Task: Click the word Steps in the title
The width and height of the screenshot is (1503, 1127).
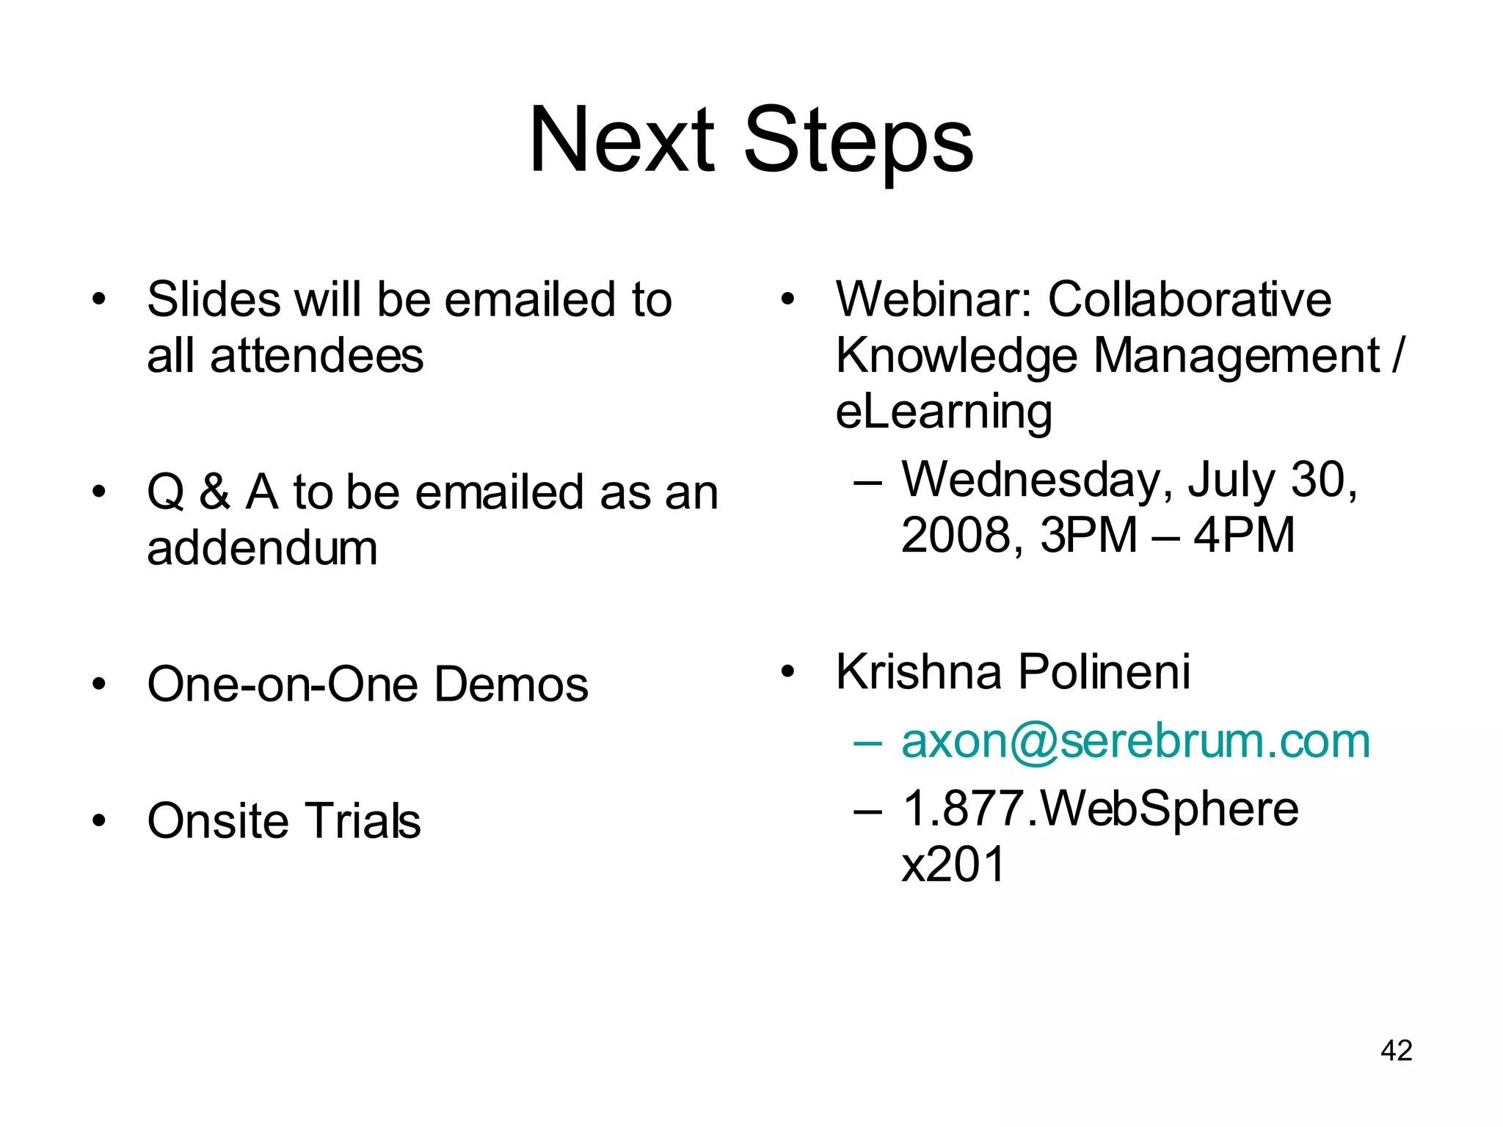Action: (859, 143)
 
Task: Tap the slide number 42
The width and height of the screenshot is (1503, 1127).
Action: (1396, 1051)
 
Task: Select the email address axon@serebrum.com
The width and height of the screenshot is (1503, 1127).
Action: (1135, 741)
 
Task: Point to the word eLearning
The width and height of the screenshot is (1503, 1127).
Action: (944, 412)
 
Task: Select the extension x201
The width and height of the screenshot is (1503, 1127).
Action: (953, 864)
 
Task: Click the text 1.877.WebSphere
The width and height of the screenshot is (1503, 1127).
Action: (1100, 809)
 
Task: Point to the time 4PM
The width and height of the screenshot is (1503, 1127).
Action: (1244, 535)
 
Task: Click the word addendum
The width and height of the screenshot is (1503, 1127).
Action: (262, 549)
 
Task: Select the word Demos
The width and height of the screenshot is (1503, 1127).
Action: (511, 685)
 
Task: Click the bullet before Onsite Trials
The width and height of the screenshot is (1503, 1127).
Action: (99, 821)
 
